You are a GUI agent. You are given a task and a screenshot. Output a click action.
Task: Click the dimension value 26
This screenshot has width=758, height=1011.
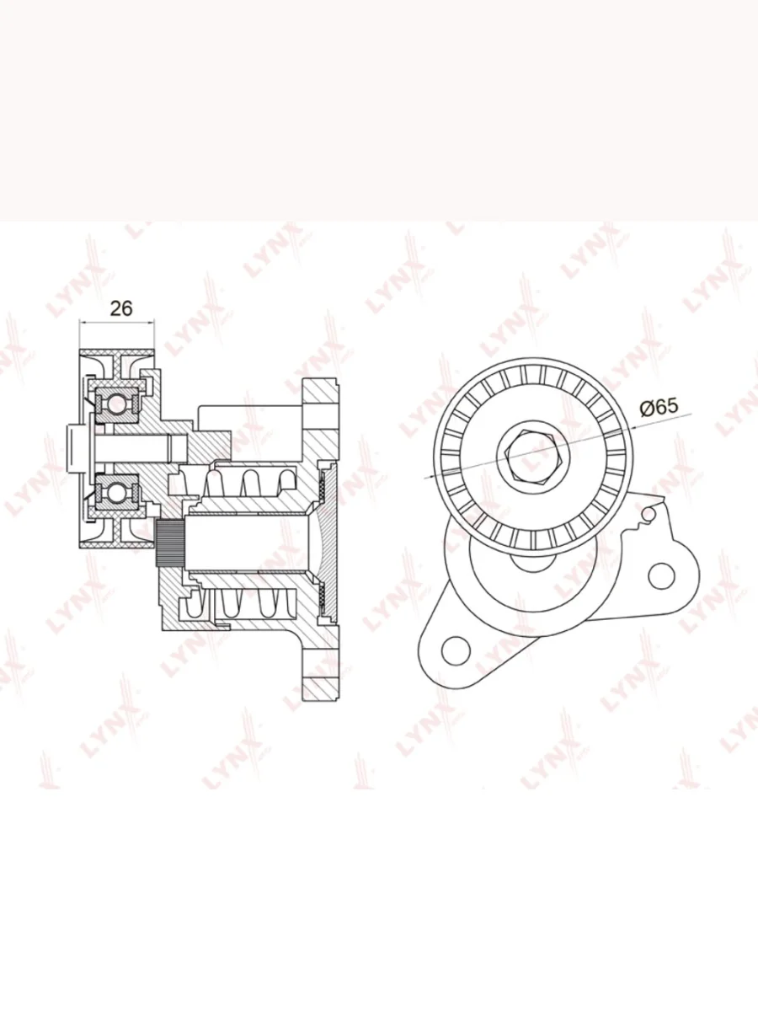[x=121, y=308]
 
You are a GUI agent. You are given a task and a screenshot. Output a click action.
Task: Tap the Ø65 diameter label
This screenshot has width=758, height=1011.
[x=659, y=407]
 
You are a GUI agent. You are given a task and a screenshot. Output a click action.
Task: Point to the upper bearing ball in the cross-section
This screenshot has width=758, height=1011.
[x=118, y=404]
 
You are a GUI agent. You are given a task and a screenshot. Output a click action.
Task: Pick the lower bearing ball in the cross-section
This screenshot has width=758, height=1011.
[x=118, y=493]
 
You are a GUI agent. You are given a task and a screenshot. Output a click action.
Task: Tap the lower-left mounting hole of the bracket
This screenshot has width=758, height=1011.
[x=456, y=650]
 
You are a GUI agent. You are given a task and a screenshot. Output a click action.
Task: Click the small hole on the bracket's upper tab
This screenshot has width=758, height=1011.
[x=649, y=514]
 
